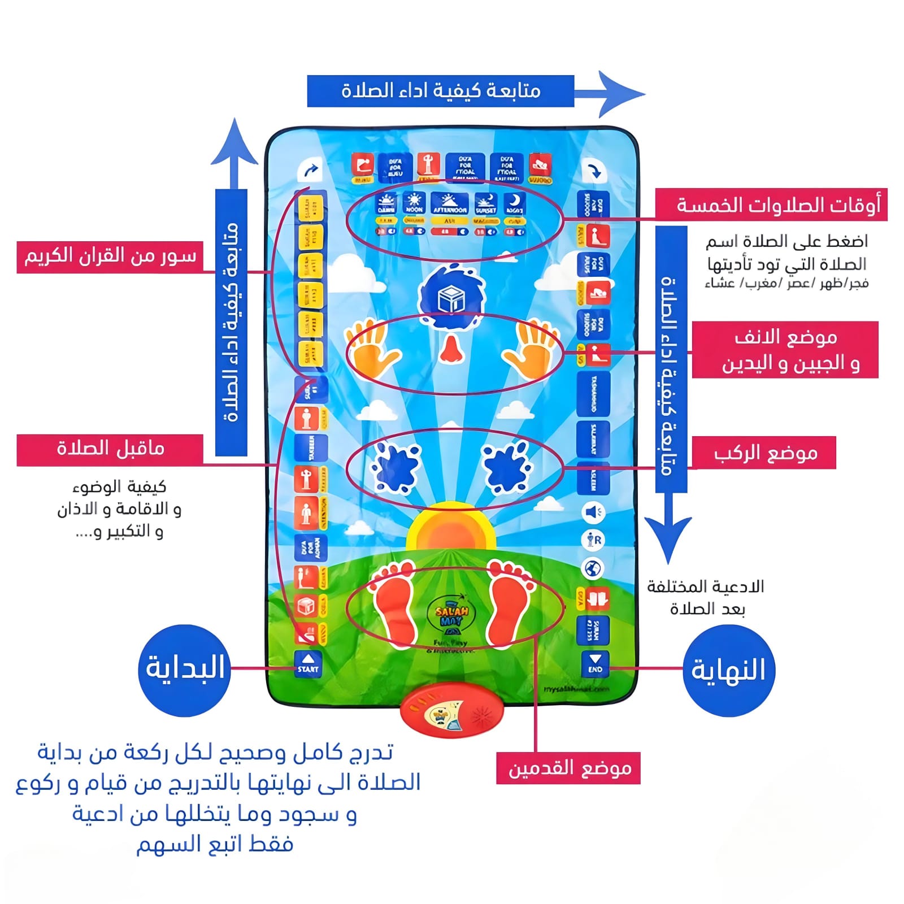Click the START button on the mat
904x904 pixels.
pyautogui.click(x=308, y=663)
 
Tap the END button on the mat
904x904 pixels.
pyautogui.click(x=595, y=663)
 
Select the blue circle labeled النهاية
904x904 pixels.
pyautogui.click(x=729, y=671)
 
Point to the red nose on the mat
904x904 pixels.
pyautogui.click(x=450, y=349)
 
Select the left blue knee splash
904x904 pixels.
pyautogui.click(x=395, y=467)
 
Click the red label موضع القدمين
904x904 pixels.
pyautogui.click(x=568, y=768)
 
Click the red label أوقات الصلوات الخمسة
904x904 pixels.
pyautogui.click(x=771, y=205)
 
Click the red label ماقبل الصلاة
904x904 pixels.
pyautogui.click(x=110, y=450)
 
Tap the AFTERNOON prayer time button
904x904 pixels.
pyautogui.click(x=449, y=203)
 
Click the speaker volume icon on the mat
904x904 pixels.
pyautogui.click(x=593, y=512)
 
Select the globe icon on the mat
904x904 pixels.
pyautogui.click(x=593, y=568)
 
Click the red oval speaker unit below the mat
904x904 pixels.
pyautogui.click(x=451, y=710)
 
